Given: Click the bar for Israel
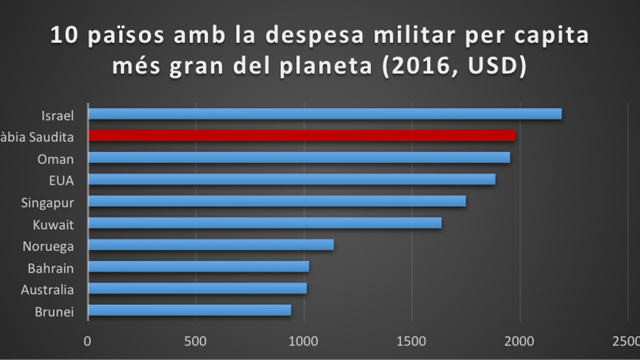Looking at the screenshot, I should (324, 113).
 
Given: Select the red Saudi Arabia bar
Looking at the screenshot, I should (301, 135).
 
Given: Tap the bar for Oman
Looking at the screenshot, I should (298, 157).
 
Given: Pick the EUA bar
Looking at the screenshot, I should (291, 179).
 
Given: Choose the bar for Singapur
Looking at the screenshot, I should (276, 201).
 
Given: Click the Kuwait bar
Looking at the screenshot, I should (264, 223).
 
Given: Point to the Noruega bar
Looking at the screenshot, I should (210, 245).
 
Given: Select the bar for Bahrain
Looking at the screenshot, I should (198, 267).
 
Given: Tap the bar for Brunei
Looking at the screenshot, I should (189, 311).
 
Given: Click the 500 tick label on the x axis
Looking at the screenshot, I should (195, 340).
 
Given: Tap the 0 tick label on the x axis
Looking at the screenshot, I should (87, 340).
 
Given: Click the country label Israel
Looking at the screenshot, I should (58, 114).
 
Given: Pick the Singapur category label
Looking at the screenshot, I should (48, 202).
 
